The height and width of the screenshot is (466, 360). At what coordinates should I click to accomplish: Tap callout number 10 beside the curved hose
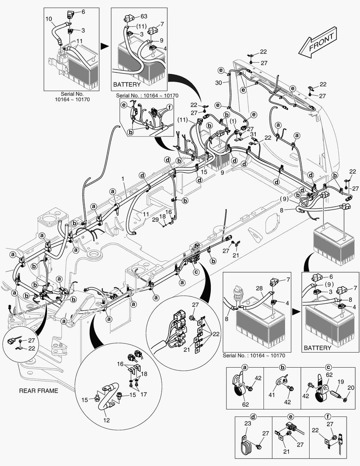tap(48, 19)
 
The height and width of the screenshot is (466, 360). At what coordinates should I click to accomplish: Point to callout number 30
tap(219, 83)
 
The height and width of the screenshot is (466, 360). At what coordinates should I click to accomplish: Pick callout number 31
tap(254, 134)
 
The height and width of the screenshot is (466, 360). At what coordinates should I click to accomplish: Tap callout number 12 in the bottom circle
tap(106, 420)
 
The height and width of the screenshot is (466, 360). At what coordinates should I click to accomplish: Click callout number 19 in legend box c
tap(340, 381)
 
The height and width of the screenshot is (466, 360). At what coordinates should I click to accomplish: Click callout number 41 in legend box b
tap(272, 395)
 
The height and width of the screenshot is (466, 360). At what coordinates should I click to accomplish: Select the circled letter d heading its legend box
tap(254, 417)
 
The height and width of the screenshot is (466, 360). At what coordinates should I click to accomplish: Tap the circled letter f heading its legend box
tap(328, 417)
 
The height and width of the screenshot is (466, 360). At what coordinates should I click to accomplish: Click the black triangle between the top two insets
tap(103, 45)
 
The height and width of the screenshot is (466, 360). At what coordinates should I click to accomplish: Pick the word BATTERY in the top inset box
tap(126, 85)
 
